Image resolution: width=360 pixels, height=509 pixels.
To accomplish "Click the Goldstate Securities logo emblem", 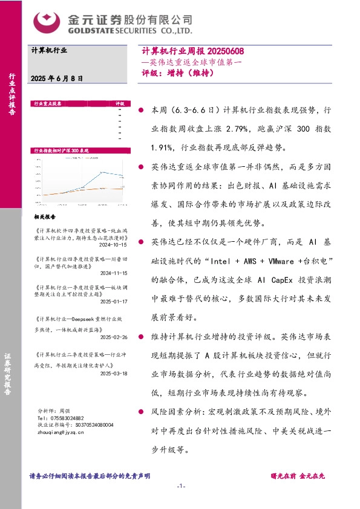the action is coord(46,22).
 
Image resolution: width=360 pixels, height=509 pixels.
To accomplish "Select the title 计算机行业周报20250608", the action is coord(191,53).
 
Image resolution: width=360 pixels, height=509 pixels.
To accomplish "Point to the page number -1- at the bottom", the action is coord(180,487).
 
